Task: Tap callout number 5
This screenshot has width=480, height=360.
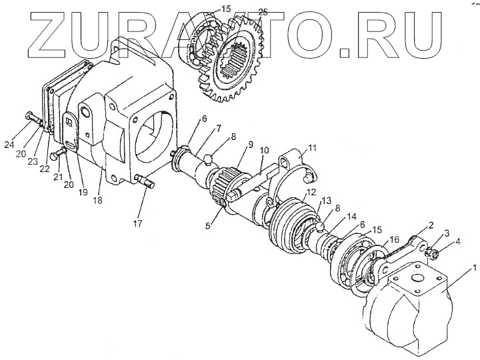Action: coord(208,217)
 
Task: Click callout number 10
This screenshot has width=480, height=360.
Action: coord(264,151)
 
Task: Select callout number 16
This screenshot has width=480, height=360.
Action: coord(394,239)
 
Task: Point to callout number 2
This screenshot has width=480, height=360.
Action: coord(431,226)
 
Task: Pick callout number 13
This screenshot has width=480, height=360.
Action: coord(327,201)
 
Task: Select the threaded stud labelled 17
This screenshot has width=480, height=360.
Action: coord(142,181)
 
